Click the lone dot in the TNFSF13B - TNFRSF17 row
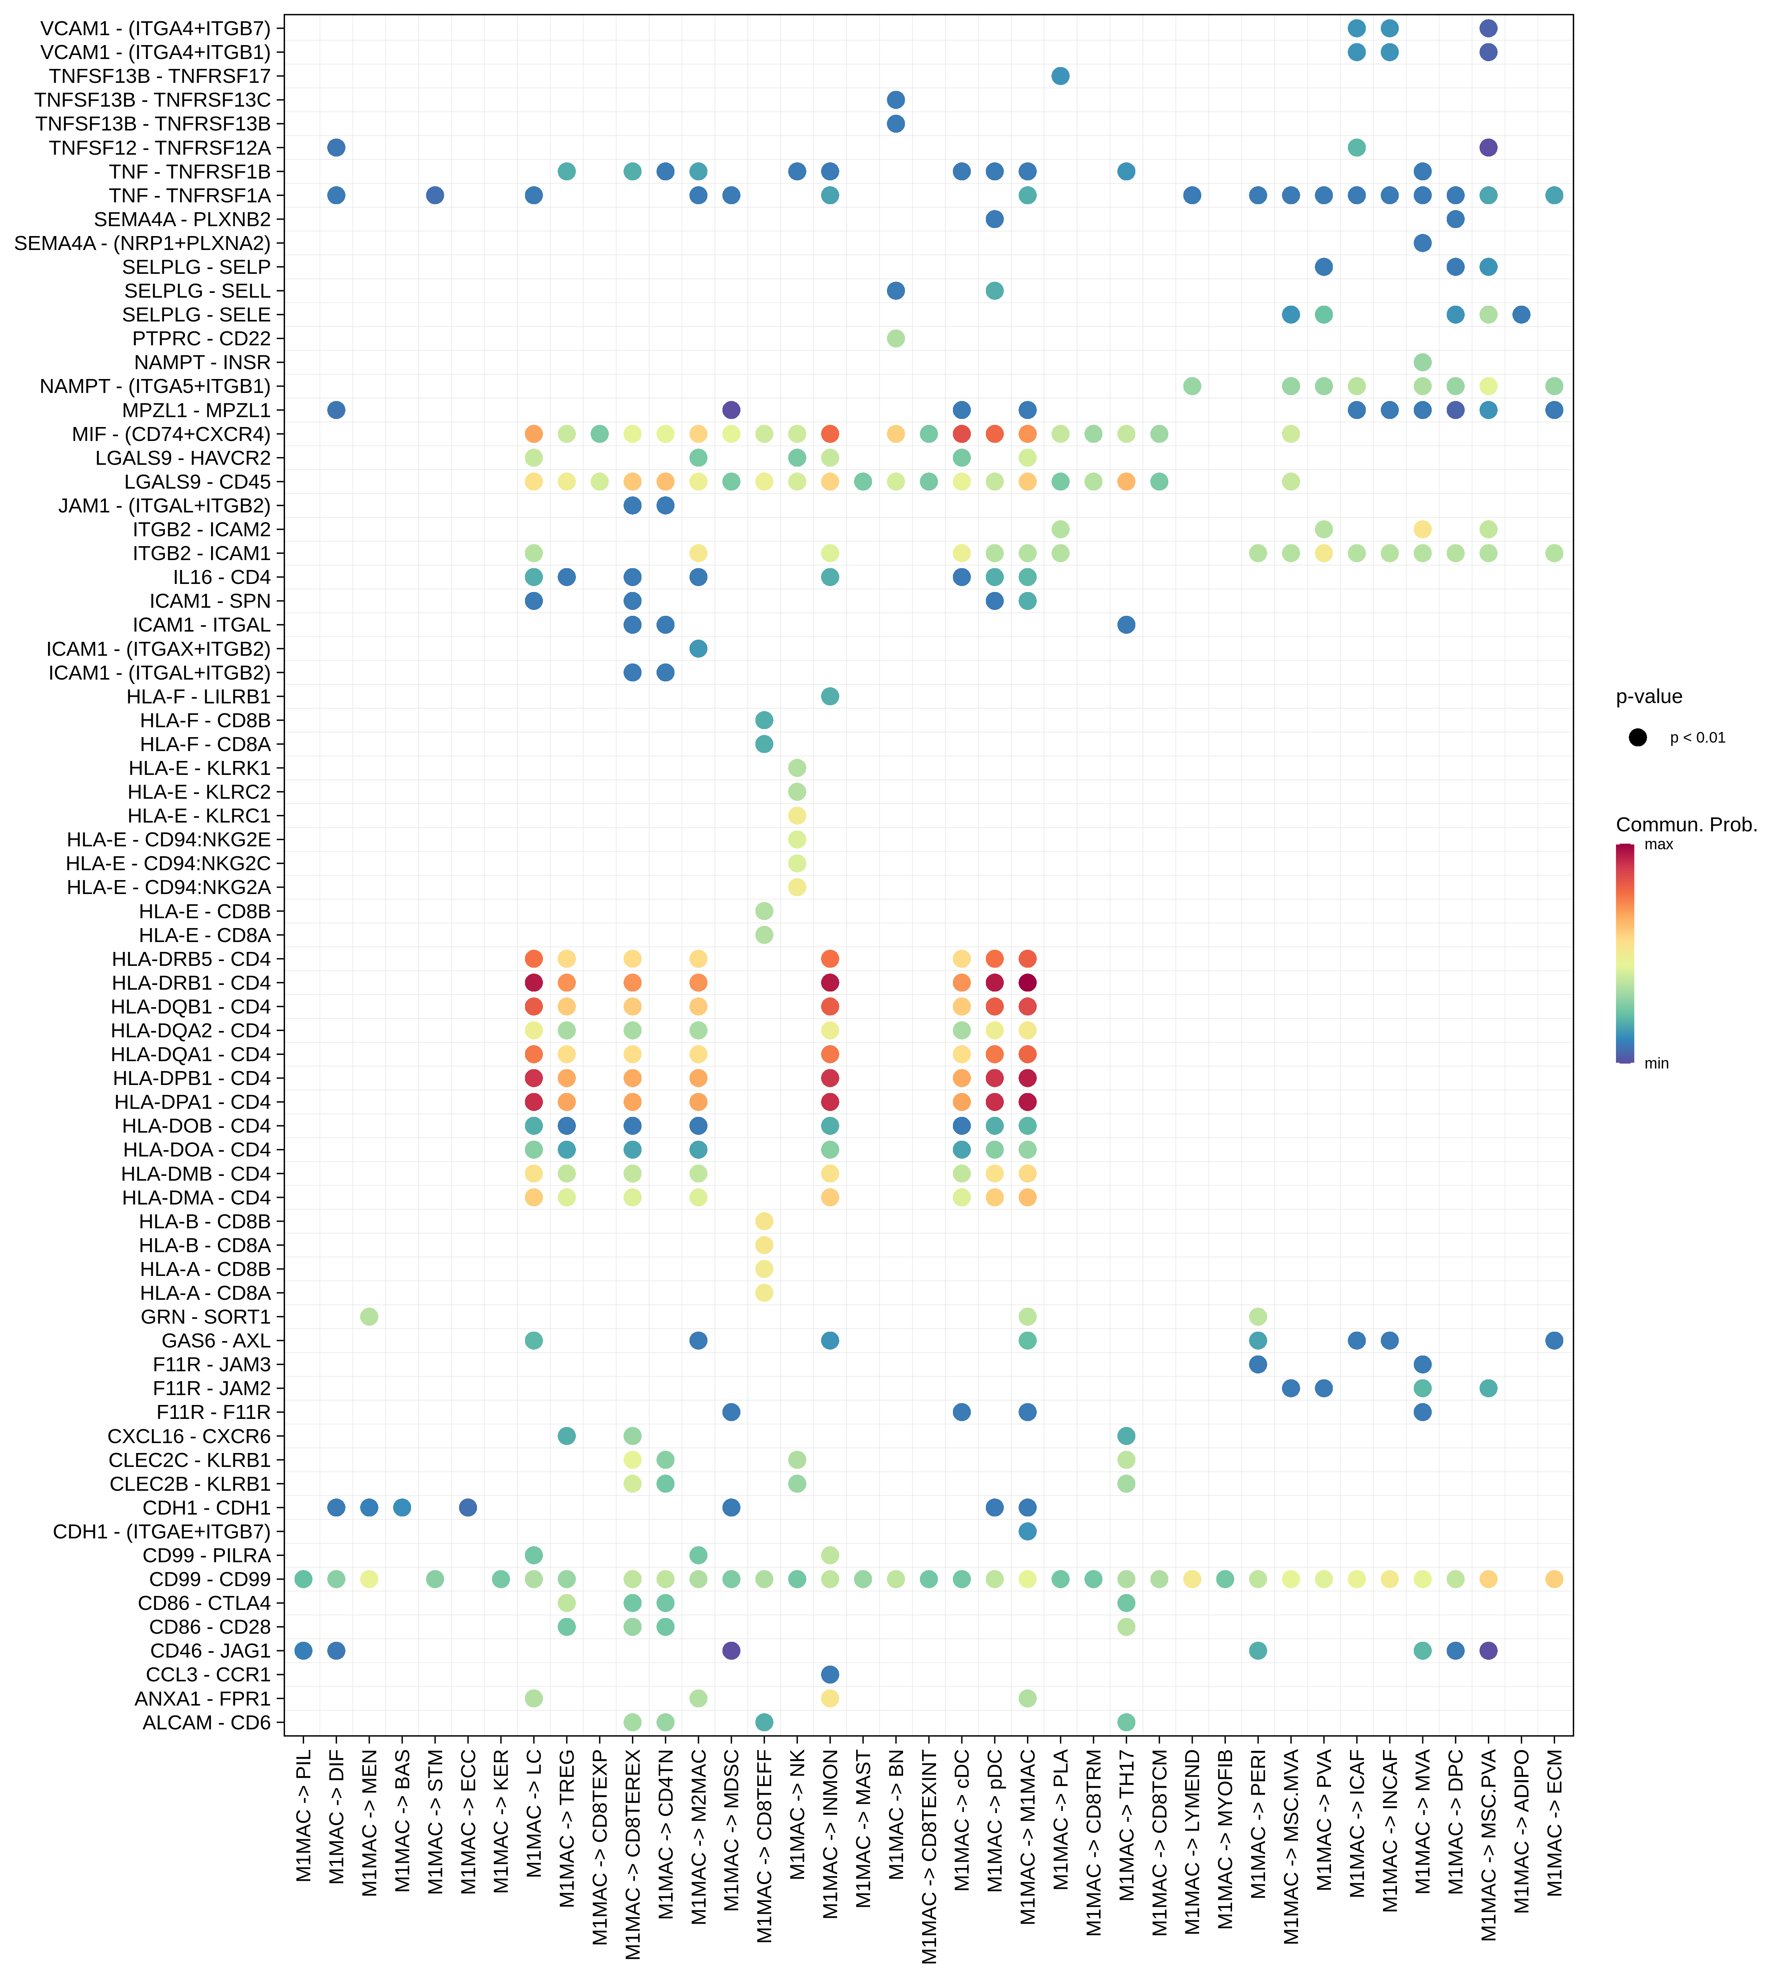coord(1060,76)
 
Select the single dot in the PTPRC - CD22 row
coord(895,338)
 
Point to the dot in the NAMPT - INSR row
coord(1422,362)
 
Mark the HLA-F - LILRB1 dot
coord(829,696)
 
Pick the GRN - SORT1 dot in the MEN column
coord(369,1316)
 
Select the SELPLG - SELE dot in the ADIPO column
coord(1521,314)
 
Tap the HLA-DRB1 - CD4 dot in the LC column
coord(534,983)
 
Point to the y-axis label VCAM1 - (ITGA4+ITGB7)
coord(155,29)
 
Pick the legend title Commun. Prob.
coord(1686,825)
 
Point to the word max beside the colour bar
coord(1659,844)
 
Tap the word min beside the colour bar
coord(1656,1063)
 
